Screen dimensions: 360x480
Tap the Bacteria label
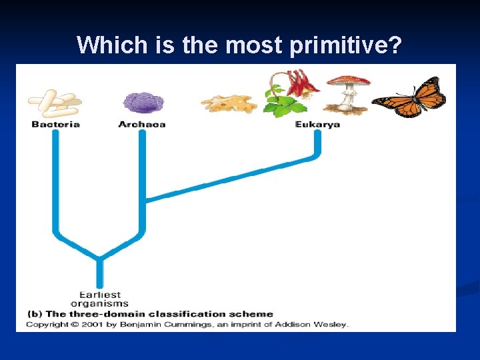tap(55, 124)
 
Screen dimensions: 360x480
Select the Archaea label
tap(141, 124)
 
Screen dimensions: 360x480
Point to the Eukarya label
tap(317, 124)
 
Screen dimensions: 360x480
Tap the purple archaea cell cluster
tap(142, 102)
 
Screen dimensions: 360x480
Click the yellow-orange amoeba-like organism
tap(228, 103)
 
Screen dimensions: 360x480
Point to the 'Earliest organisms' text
tap(100, 299)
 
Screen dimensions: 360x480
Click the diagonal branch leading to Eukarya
tap(233, 178)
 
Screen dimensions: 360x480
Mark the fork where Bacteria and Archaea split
tap(100, 256)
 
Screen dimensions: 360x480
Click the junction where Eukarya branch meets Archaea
tap(144, 198)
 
